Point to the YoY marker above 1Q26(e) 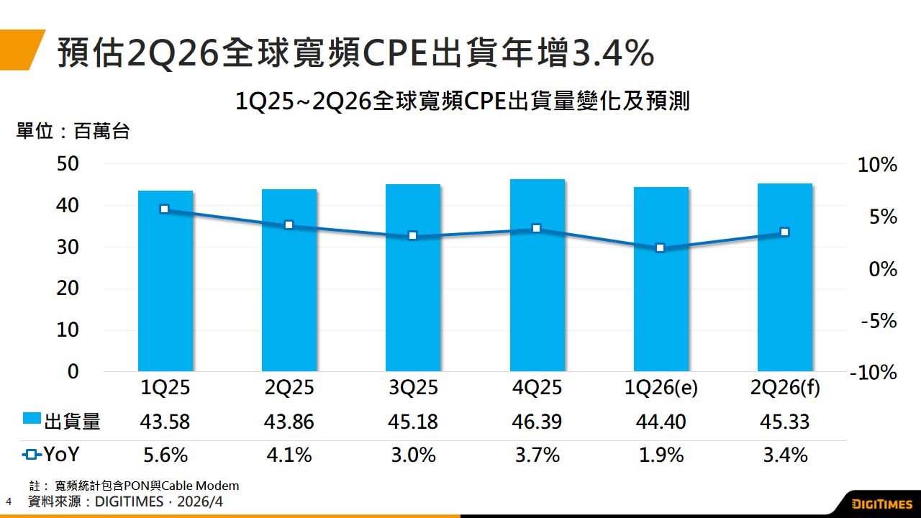[660, 248]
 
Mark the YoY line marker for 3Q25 [412, 236]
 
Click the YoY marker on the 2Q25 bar [289, 225]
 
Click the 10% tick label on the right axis [878, 165]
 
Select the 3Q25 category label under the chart [412, 388]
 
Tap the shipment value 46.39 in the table [536, 422]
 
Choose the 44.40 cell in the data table [660, 422]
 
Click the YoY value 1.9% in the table [660, 455]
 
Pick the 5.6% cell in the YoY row [165, 455]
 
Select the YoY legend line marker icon [32, 455]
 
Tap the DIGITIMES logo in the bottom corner [881, 503]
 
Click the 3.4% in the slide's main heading [612, 53]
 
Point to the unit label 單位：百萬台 [73, 132]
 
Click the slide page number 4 [9, 501]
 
